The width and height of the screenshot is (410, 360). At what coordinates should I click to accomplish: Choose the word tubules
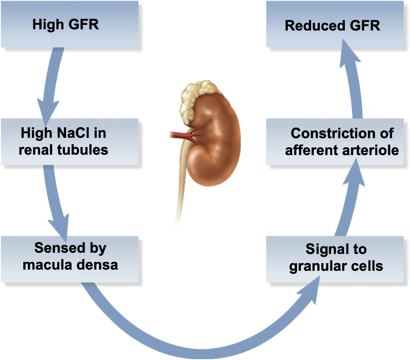88,149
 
